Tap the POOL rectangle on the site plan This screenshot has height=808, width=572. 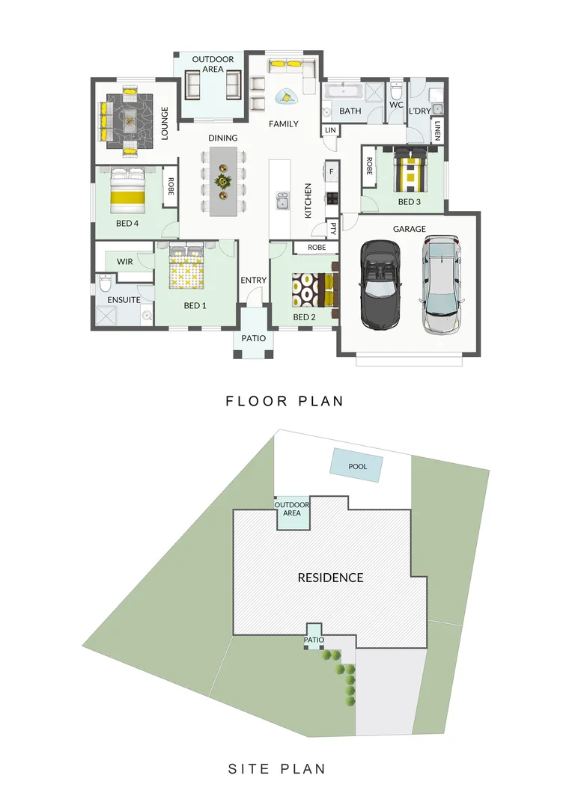coord(358,467)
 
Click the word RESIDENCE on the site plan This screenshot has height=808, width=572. coord(330,578)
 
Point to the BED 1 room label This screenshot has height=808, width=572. coord(195,306)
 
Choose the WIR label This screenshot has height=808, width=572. coord(124,261)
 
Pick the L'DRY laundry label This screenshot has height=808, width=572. coord(419,111)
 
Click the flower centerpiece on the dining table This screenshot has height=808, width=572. coord(222,181)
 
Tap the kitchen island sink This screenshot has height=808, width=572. coord(283,201)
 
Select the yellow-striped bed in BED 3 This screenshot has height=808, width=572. coord(409,172)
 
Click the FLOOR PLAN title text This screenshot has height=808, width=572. coord(285,402)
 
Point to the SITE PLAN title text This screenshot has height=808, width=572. coord(276,768)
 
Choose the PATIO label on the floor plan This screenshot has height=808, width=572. coord(253,338)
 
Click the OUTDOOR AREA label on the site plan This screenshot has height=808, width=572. coord(292,509)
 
